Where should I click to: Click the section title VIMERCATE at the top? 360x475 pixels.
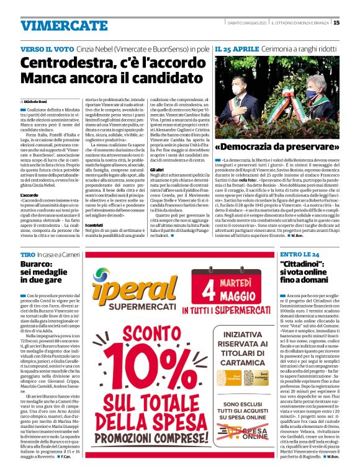pyautogui.click(x=55, y=25)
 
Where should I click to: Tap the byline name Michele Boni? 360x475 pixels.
pyautogui.click(x=38, y=100)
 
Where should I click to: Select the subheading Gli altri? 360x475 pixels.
pyautogui.click(x=156, y=152)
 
